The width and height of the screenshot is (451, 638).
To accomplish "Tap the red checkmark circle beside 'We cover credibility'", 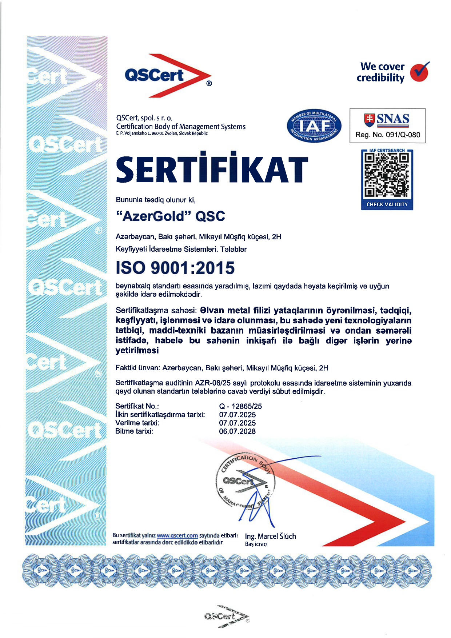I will pyautogui.click(x=419, y=72).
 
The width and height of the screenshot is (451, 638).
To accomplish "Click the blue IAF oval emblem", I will pyautogui.click(x=314, y=126).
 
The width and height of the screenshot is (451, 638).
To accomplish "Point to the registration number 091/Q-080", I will pyautogui.click(x=403, y=135).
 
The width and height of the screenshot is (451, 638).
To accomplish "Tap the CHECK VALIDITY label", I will pyautogui.click(x=387, y=204).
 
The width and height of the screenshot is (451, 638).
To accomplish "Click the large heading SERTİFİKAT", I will pyautogui.click(x=212, y=170).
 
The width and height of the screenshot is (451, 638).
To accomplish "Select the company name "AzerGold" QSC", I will pyautogui.click(x=170, y=216).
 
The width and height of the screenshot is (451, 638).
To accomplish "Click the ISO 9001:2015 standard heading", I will pyautogui.click(x=175, y=268).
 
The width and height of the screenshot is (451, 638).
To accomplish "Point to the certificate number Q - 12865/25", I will pyautogui.click(x=240, y=406).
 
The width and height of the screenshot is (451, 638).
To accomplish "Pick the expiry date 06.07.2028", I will pyautogui.click(x=237, y=431).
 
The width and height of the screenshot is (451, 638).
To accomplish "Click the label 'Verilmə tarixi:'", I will pyautogui.click(x=137, y=423).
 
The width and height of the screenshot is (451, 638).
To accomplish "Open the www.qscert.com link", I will pyautogui.click(x=177, y=535).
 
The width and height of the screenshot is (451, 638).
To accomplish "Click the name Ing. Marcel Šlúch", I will pyautogui.click(x=270, y=536).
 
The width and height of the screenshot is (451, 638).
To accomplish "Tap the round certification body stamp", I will pyautogui.click(x=244, y=482).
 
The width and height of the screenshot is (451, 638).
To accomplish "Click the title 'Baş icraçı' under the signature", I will pyautogui.click(x=256, y=544).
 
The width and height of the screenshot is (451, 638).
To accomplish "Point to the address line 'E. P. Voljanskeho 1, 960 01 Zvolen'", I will pyautogui.click(x=162, y=133).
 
